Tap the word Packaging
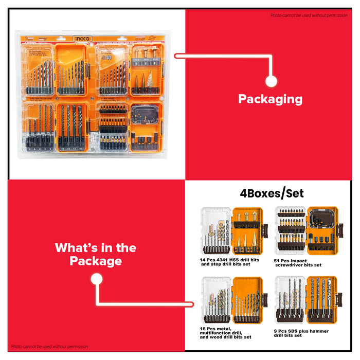coord(270,99)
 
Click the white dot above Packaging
coord(272,81)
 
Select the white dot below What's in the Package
coord(96,279)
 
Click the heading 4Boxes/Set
coord(272,193)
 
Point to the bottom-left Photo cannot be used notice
coord(50,347)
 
